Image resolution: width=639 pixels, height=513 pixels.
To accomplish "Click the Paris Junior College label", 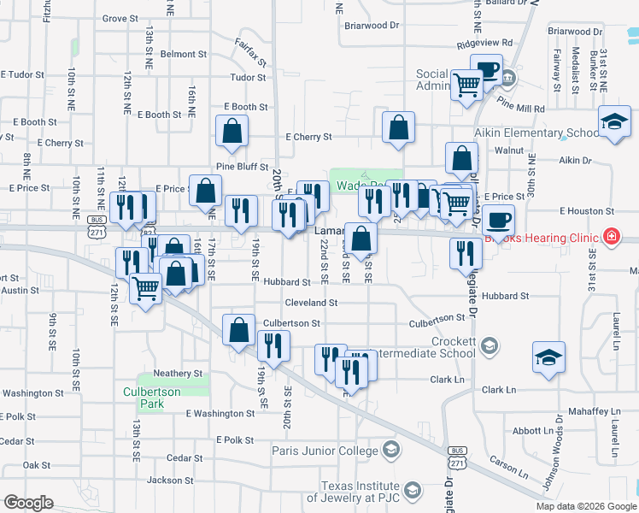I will tap(325, 451).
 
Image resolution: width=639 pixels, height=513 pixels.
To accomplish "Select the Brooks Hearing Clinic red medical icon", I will tap(611, 235).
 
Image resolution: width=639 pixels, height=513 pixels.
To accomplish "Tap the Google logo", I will tap(28, 502).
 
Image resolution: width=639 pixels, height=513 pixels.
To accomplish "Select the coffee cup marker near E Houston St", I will tap(498, 220).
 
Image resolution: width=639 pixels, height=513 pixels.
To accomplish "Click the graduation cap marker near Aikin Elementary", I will tap(615, 121).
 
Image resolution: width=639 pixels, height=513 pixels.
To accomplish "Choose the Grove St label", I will tap(120, 18).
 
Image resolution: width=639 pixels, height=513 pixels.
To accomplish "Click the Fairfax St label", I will tap(252, 54).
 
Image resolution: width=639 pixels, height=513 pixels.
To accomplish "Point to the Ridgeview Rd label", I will tap(484, 43).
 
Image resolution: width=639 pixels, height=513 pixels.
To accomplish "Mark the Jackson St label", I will tap(171, 481).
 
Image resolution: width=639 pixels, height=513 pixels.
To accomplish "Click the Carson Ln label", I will tap(510, 462).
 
